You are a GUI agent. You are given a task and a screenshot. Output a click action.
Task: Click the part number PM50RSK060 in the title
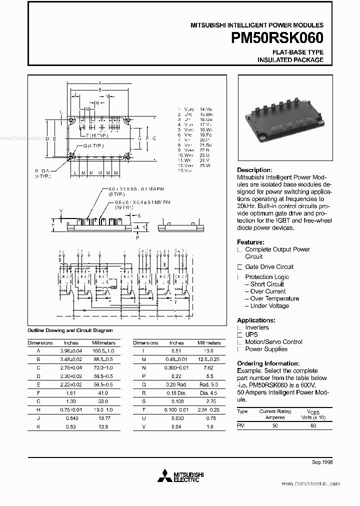pos(277,39)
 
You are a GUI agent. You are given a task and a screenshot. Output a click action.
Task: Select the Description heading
pos(254,170)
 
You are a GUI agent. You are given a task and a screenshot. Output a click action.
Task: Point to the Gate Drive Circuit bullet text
pos(269,267)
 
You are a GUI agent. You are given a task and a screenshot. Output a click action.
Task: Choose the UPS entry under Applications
pos(251,334)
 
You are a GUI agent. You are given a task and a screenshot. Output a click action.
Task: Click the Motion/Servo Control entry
pos(273,342)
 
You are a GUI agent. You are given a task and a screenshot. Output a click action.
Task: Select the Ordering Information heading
pos(268,363)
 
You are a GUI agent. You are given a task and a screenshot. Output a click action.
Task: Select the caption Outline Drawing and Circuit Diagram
pos(70,330)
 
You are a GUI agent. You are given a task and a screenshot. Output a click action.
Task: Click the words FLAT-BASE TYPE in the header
pos(297,52)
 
